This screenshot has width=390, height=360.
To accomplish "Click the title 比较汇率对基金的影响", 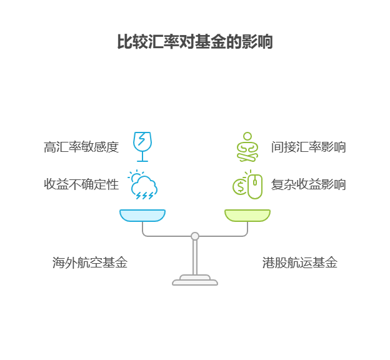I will [194, 42].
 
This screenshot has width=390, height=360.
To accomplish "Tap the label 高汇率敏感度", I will [81, 147].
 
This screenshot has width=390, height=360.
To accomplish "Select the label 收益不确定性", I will [81, 184].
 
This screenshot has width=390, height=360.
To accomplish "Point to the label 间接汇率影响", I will [308, 147].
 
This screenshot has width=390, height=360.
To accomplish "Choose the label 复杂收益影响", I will [308, 184].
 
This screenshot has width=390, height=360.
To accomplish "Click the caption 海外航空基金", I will [90, 263].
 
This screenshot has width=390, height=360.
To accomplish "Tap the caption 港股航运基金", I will [300, 263].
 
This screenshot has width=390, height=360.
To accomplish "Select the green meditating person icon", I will [247, 147].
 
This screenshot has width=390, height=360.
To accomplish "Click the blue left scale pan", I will [142, 216].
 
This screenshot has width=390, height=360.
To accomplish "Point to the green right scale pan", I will [247, 216].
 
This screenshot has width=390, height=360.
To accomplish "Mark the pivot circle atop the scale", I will [195, 236].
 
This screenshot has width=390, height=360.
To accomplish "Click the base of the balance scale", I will [195, 281].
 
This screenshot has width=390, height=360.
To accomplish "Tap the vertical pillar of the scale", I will [195, 257].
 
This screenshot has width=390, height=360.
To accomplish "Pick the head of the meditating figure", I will [247, 136].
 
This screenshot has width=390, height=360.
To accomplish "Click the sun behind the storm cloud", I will [134, 177].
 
